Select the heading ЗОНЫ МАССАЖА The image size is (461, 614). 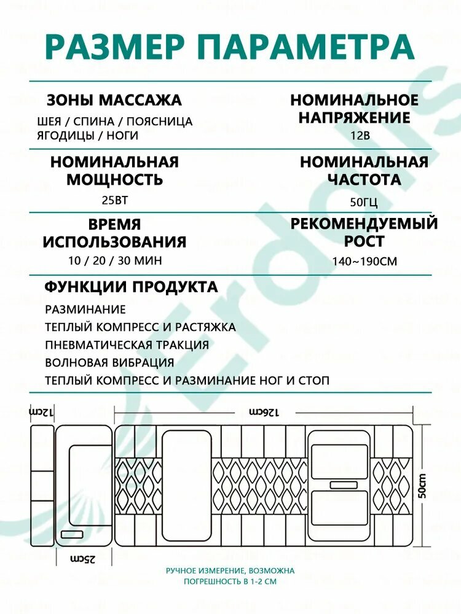(114, 100)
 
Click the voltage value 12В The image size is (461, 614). (361, 136)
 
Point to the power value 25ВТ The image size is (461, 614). (114, 200)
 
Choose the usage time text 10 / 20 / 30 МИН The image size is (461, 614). (115, 260)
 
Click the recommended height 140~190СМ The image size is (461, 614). (364, 261)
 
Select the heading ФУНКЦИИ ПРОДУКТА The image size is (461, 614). (131, 287)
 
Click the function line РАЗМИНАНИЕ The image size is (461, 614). (85, 309)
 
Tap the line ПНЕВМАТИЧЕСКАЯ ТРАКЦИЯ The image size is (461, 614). (127, 345)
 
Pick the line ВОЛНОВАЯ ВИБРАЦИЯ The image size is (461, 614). (109, 363)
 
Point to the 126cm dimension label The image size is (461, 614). (264, 410)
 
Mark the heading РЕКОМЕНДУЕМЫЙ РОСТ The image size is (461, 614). (364, 231)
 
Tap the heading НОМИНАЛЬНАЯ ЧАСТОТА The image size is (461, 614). (364, 171)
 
